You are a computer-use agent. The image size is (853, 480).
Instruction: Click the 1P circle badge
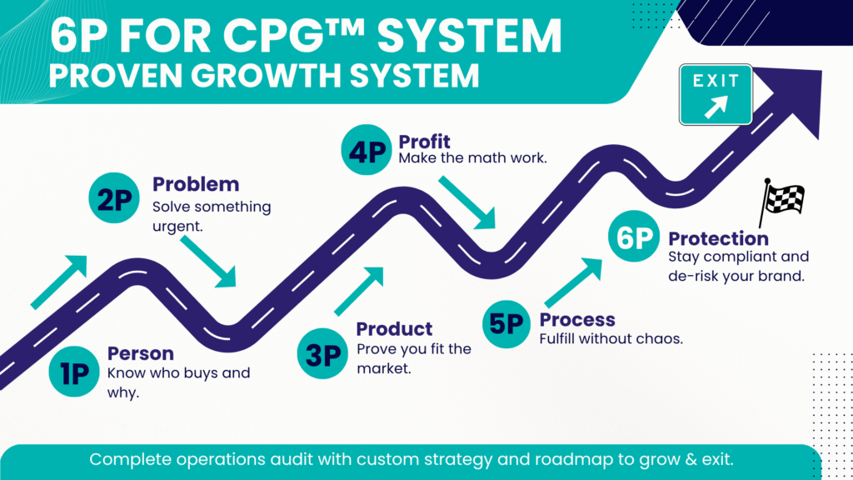coord(74,372)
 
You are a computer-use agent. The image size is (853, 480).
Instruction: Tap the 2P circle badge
coord(114,198)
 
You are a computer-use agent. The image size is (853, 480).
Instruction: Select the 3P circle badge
coord(322,353)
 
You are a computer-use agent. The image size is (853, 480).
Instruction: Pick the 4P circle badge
coord(367,150)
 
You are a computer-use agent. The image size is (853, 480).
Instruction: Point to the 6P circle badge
coord(634,236)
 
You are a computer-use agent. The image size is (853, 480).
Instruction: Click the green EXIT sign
coord(716,95)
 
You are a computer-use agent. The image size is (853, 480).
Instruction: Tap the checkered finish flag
coord(781,202)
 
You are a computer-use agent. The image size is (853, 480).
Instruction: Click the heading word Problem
coord(196,184)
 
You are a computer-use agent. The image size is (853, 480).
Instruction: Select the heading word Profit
coord(424,142)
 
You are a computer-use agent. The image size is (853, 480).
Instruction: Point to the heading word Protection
coord(719,238)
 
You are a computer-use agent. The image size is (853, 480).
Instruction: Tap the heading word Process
coord(577,319)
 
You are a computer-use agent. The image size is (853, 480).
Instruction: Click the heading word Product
coord(394,328)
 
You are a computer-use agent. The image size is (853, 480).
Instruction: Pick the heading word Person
coord(140,353)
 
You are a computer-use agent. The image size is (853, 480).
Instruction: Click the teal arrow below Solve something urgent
coord(209,262)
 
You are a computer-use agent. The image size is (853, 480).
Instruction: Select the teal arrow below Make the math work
coord(468,202)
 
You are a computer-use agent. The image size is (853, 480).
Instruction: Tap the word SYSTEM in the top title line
coord(469,36)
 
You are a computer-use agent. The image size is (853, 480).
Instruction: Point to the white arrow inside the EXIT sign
coord(716,107)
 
